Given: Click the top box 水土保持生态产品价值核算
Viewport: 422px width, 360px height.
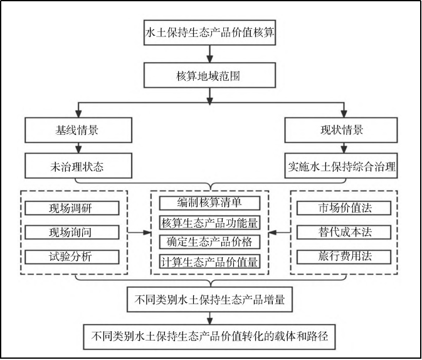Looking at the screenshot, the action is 209,33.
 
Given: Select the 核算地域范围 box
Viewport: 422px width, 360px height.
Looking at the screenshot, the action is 209,75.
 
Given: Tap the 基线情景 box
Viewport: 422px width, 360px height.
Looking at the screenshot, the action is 78,130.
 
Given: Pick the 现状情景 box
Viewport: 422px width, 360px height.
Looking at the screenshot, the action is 341,130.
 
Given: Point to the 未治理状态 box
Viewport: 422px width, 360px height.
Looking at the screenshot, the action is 78,166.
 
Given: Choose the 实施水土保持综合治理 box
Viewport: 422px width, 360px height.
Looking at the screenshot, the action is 341,166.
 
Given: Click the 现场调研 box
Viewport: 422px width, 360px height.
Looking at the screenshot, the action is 72,208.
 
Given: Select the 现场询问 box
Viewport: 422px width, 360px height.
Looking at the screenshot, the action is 72,233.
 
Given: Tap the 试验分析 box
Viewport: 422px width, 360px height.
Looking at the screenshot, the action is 72,257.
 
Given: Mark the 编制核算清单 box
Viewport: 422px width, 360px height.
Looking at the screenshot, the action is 209,203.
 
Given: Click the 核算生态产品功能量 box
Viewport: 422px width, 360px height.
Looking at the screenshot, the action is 209,223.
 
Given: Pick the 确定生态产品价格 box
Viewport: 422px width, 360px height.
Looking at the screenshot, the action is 209,242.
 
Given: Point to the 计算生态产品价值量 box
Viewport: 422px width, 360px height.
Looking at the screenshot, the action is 209,262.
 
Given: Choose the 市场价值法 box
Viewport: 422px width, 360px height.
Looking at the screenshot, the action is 344,208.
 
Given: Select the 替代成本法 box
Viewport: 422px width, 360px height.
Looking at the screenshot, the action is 344,233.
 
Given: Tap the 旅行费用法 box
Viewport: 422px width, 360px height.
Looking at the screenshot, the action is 344,257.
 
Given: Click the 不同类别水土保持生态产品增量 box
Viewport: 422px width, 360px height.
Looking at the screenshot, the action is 209,300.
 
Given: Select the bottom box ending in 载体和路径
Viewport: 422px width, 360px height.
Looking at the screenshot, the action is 209,337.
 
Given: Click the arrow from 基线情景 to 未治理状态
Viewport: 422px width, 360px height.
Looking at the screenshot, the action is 78,148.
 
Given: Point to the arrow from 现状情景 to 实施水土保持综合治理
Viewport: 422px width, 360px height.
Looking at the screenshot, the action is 344,148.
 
